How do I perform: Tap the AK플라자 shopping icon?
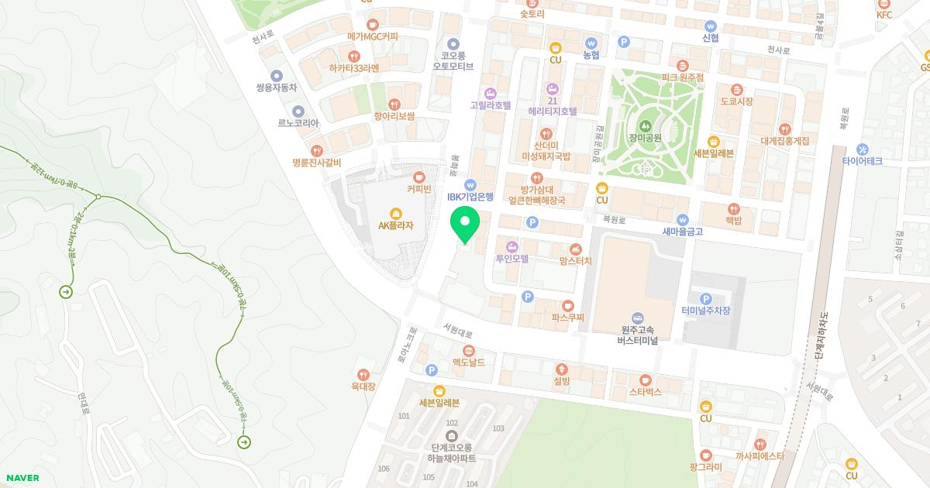pyautogui.click(x=396, y=212)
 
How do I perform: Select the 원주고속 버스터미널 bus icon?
pyautogui.click(x=637, y=318)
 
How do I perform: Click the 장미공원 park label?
pyautogui.click(x=645, y=137)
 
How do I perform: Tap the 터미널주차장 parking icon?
pyautogui.click(x=705, y=299)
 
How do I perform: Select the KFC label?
pyautogui.click(x=884, y=15)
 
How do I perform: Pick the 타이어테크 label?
pyautogui.click(x=863, y=161)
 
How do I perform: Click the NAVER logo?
pyautogui.click(x=22, y=478)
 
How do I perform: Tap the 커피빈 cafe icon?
pyautogui.click(x=419, y=177)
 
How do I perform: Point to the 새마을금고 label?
pyautogui.click(x=682, y=231)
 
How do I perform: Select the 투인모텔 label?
pyautogui.click(x=511, y=259)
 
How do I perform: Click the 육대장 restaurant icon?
pyautogui.click(x=363, y=374)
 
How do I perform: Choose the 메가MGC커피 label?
pyautogui.click(x=373, y=36)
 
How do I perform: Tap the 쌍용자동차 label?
pyautogui.click(x=277, y=88)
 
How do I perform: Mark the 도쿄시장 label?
pyautogui.click(x=736, y=101)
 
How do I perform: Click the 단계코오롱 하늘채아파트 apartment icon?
pyautogui.click(x=453, y=435)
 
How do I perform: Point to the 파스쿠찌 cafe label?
pyautogui.click(x=568, y=317)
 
